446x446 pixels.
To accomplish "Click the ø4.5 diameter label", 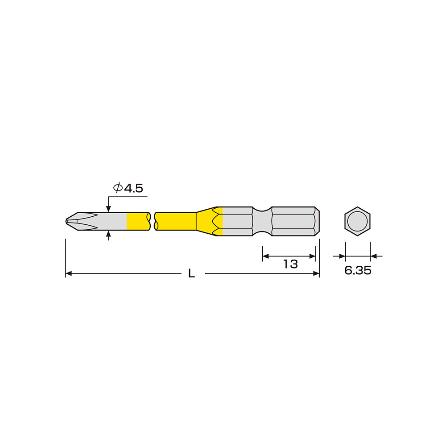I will pyautogui.click(x=128, y=188).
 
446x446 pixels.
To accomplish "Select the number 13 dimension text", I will pyautogui.click(x=290, y=264).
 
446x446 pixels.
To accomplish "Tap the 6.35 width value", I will pyautogui.click(x=358, y=270).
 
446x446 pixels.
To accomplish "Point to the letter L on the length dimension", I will pyautogui.click(x=191, y=274).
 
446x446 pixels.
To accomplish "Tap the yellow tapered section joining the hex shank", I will pyautogui.click(x=207, y=221).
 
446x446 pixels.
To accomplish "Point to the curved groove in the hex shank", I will pyautogui.click(x=262, y=221).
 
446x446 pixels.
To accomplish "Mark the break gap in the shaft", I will pyautogui.click(x=152, y=221).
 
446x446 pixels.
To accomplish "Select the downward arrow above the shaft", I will pyautogui.click(x=108, y=208).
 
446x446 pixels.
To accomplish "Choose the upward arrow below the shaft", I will pyautogui.click(x=108, y=234).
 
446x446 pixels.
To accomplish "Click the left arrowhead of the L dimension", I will pyautogui.click(x=69, y=273).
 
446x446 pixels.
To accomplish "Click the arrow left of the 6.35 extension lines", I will pyautogui.click(x=342, y=256).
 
